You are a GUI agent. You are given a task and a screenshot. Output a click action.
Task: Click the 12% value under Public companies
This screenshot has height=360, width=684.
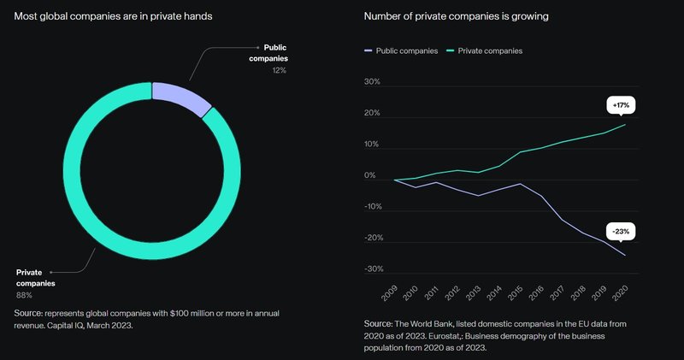(279, 70)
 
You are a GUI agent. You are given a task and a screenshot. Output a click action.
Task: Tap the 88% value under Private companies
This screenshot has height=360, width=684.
(25, 294)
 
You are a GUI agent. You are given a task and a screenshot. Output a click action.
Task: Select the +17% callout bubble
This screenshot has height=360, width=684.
(621, 104)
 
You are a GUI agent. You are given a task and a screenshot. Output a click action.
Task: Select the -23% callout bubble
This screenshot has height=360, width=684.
(621, 231)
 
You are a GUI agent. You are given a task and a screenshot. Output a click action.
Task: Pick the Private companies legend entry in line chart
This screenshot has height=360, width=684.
(485, 50)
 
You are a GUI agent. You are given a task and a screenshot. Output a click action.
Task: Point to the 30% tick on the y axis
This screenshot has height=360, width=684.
(372, 83)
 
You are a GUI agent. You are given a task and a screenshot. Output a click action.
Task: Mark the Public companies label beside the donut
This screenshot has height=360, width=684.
(268, 53)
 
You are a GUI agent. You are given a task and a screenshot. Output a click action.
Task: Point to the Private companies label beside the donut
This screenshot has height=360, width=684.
(35, 277)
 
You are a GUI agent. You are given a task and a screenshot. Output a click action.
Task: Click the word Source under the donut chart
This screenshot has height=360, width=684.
(28, 314)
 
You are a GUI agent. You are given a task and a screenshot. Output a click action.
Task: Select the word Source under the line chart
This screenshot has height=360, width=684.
(378, 324)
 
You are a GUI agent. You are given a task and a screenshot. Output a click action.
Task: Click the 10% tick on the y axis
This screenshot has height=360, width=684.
(372, 145)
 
